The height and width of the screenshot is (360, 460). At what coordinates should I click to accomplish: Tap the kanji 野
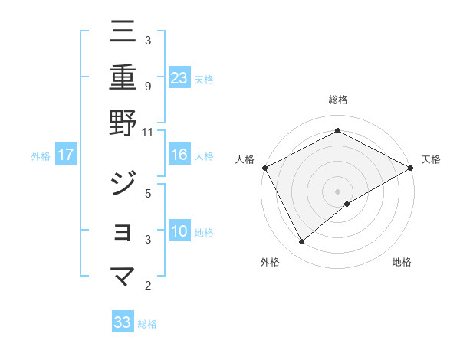[123, 123]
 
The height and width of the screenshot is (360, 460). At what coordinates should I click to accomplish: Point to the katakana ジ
[123, 182]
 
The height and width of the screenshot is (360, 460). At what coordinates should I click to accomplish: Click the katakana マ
[123, 276]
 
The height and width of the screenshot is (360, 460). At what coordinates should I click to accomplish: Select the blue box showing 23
[179, 77]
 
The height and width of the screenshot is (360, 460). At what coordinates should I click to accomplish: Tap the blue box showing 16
[179, 155]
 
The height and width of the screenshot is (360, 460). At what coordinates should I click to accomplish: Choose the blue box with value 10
[179, 231]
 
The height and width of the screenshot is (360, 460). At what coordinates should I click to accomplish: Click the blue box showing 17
[66, 155]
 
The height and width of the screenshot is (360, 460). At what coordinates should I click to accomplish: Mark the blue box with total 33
[123, 322]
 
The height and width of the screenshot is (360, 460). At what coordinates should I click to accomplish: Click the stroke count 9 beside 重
[147, 86]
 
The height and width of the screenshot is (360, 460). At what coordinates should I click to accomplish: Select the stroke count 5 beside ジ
[147, 193]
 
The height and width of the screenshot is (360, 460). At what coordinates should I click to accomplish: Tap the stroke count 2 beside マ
[147, 286]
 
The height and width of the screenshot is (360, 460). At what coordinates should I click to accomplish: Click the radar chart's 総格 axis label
[337, 100]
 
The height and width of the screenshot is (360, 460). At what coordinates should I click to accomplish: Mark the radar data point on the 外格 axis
[301, 242]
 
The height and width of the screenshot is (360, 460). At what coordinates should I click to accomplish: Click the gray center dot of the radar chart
[337, 191]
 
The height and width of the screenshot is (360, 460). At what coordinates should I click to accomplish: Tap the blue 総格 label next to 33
[147, 324]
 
